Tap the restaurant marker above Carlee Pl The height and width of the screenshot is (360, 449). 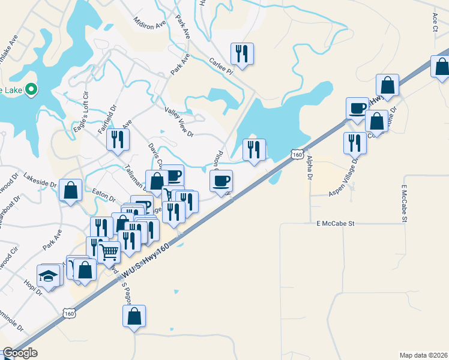coord(242,54)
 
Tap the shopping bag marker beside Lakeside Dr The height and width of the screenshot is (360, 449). coord(71,191)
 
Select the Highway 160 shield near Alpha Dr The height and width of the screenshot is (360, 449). coord(297,154)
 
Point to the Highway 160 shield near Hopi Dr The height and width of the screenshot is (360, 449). coord(70,313)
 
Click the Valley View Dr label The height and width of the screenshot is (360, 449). coord(179,122)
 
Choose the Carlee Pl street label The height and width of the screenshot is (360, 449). coord(220,67)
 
